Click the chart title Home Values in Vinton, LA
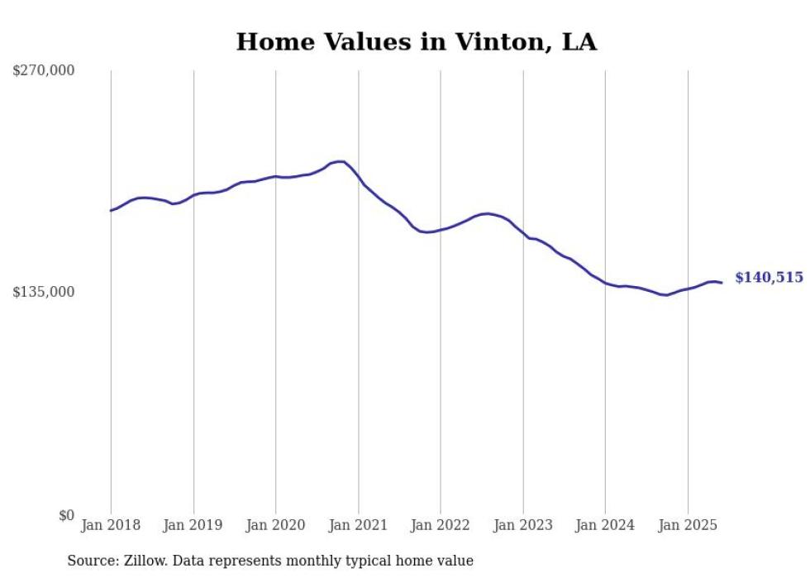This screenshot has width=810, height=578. pyautogui.click(x=416, y=42)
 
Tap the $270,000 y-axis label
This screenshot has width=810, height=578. pyautogui.click(x=43, y=70)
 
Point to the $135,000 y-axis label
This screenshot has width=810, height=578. pyautogui.click(x=43, y=292)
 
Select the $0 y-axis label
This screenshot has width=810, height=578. pyautogui.click(x=66, y=514)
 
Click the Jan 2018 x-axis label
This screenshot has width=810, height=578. pyautogui.click(x=111, y=525)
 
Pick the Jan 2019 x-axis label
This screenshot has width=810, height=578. pyautogui.click(x=193, y=525)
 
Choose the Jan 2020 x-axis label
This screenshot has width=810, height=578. pyautogui.click(x=275, y=525)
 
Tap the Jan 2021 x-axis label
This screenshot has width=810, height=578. pyautogui.click(x=358, y=525)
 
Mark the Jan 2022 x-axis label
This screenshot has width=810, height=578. pyautogui.click(x=441, y=525)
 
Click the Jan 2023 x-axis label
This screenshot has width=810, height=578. pyautogui.click(x=522, y=525)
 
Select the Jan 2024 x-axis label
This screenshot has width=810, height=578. pyautogui.click(x=605, y=525)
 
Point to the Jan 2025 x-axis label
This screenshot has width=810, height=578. pyautogui.click(x=688, y=525)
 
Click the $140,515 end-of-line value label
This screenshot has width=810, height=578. pyautogui.click(x=769, y=278)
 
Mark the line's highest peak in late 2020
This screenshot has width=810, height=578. pyautogui.click(x=340, y=161)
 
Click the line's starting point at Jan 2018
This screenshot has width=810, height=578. pyautogui.click(x=111, y=210)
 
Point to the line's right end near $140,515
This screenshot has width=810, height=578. pyautogui.click(x=722, y=283)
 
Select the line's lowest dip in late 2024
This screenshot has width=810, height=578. pyautogui.click(x=665, y=294)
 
